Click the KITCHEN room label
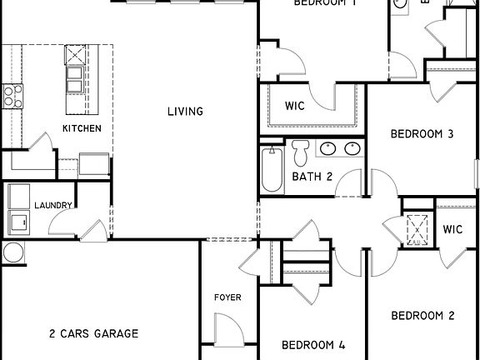coord(82,128)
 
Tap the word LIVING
coord(185,112)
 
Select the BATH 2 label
coord(312,177)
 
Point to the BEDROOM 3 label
coord(422,133)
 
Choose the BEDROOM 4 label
coord(312,344)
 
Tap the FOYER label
coord(227,297)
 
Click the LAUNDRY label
coord(53,205)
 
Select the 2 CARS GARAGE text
coord(93,333)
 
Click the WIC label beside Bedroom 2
coord(453,229)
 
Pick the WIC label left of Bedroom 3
coord(293,106)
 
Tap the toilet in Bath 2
coord(301,152)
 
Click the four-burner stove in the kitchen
coord(11,95)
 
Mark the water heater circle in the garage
coord(11,252)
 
